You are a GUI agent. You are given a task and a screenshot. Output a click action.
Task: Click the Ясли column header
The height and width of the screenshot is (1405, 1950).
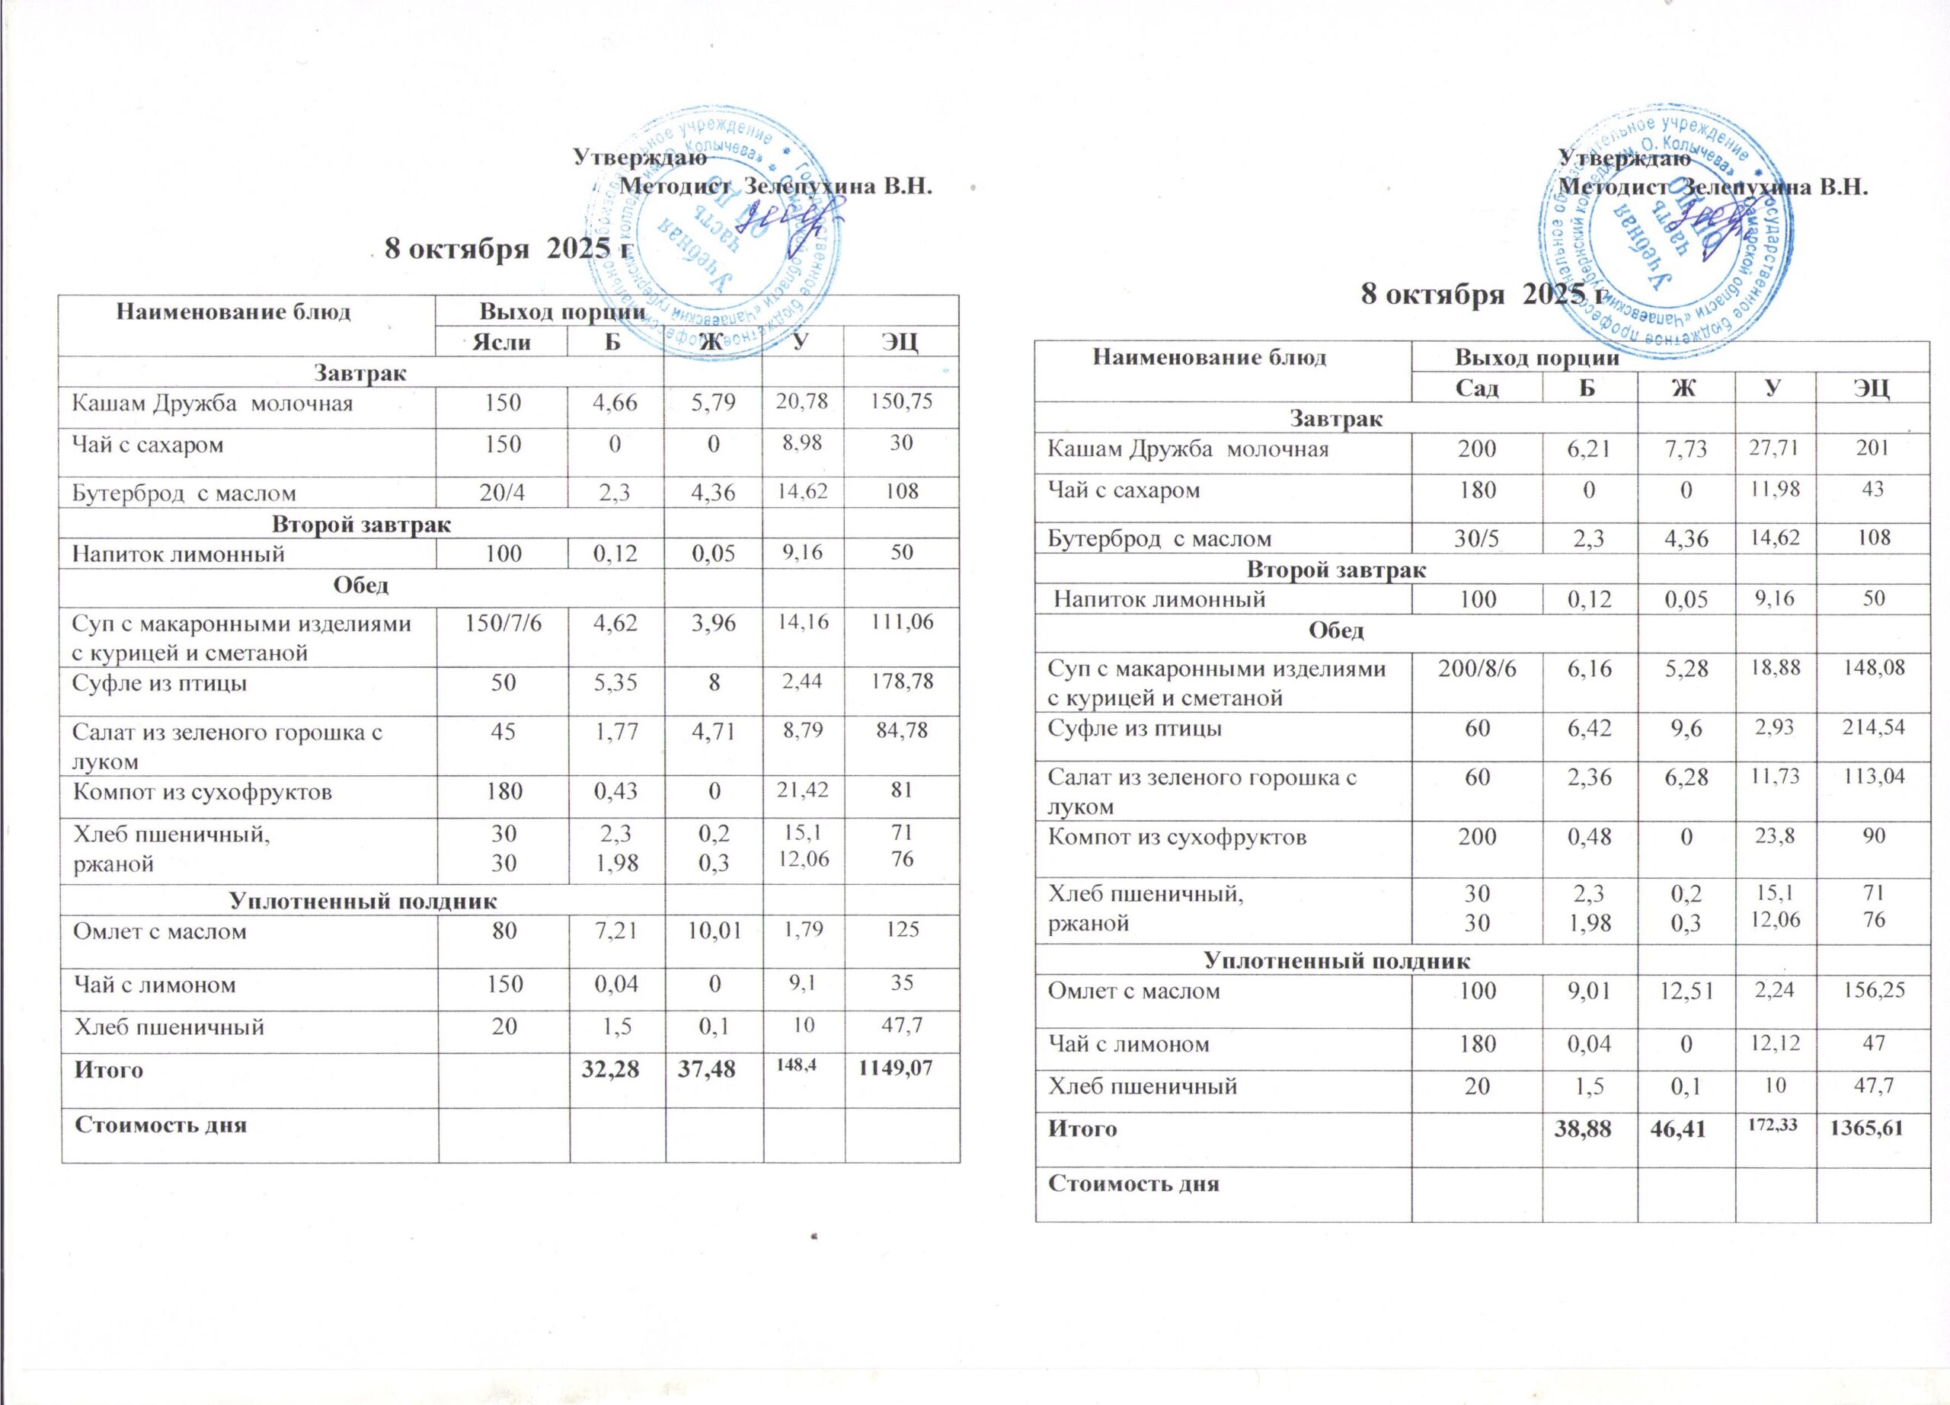click(502, 342)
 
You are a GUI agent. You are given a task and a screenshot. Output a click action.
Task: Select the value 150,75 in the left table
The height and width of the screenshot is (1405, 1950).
click(901, 401)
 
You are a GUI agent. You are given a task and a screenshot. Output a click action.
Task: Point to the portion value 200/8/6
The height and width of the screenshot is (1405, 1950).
click(1477, 669)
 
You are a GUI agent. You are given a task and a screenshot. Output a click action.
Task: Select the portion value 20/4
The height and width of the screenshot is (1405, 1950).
click(503, 493)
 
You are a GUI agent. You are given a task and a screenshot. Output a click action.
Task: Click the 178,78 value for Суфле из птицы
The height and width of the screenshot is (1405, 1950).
click(901, 682)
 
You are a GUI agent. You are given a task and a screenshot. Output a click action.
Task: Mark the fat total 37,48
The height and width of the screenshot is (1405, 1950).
click(713, 1070)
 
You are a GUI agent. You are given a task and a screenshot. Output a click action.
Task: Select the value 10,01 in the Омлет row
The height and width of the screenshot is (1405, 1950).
click(713, 931)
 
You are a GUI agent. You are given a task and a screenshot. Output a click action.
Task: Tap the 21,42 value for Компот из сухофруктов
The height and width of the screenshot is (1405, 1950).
click(803, 790)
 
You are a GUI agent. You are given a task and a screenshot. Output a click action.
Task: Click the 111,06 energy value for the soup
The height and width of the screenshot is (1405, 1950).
click(901, 622)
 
